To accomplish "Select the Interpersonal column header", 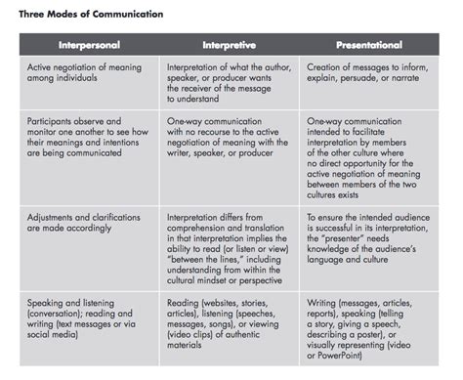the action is click(x=90, y=44).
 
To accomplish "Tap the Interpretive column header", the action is click(x=230, y=44).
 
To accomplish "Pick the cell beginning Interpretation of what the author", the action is click(x=230, y=82).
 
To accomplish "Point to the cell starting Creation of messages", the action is click(x=369, y=76).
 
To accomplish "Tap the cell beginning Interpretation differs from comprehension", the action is click(x=230, y=240).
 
